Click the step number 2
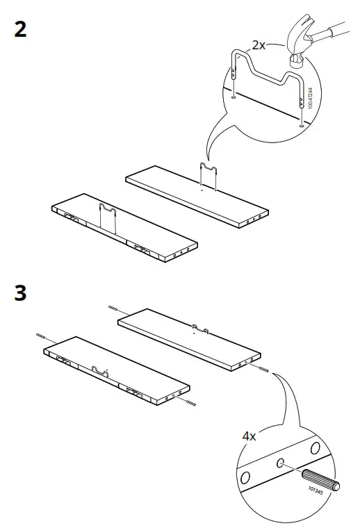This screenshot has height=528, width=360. (x=21, y=31)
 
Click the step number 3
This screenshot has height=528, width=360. (x=21, y=293)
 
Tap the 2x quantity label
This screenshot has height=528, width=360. (x=259, y=45)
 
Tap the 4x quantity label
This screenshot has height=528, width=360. (x=249, y=437)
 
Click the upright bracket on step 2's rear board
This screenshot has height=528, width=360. (x=208, y=174)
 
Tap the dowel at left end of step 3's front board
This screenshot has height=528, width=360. (x=41, y=336)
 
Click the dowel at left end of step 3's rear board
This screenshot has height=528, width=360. (x=112, y=308)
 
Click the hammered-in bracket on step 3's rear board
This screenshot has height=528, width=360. (x=200, y=327)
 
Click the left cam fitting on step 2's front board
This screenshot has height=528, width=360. (x=71, y=217)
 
